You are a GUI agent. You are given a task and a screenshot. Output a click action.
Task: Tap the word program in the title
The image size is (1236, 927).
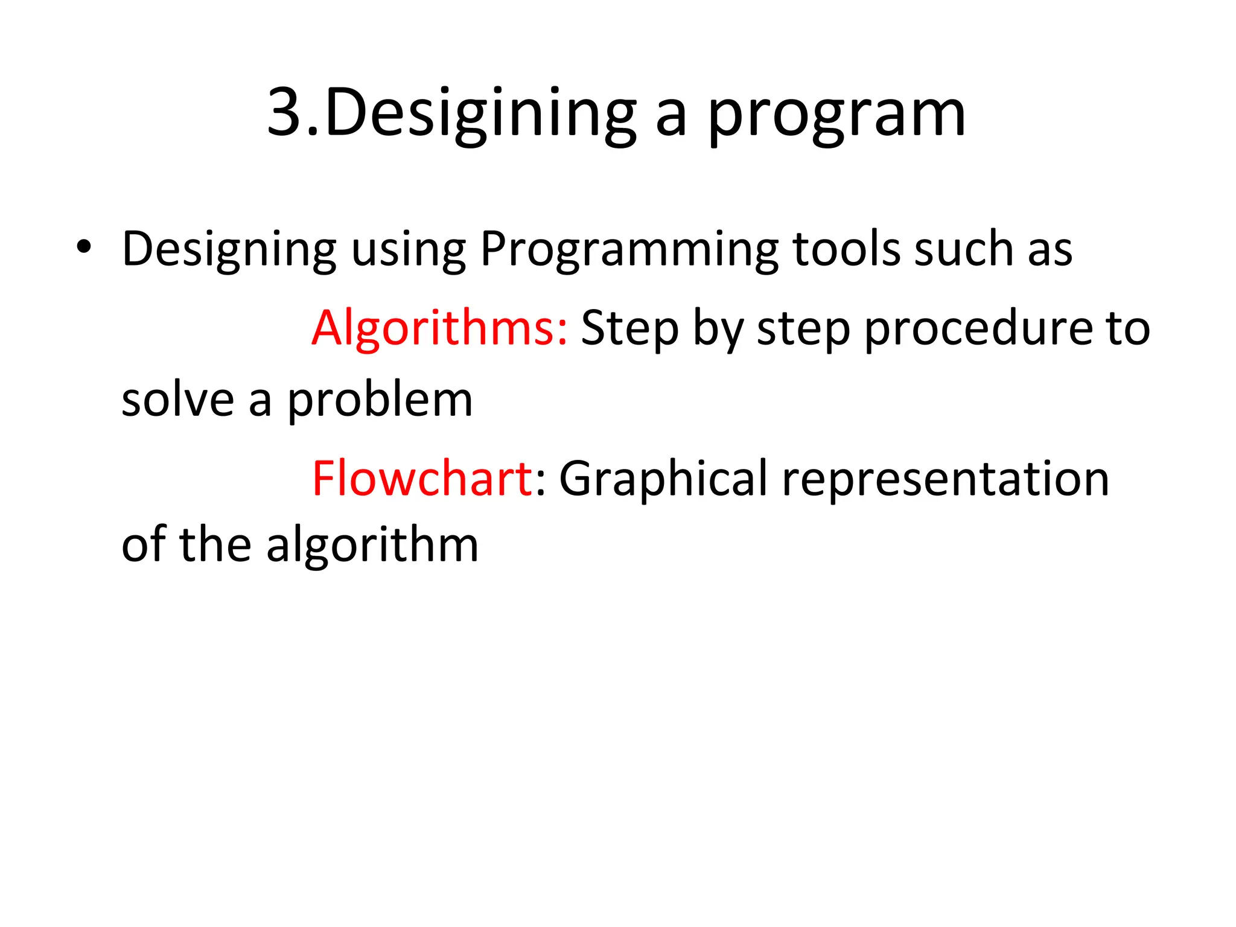[836, 115]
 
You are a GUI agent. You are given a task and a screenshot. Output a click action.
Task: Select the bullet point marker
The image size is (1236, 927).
[84, 247]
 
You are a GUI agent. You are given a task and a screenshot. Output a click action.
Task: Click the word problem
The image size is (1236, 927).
[379, 401]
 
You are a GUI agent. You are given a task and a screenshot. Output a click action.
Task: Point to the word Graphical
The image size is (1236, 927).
[663, 479]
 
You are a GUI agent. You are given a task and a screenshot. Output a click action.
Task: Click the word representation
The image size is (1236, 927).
[945, 479]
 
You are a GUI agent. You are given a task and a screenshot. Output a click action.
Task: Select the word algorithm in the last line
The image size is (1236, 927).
[372, 545]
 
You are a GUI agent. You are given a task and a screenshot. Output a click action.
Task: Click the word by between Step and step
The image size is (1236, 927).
[718, 329]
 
